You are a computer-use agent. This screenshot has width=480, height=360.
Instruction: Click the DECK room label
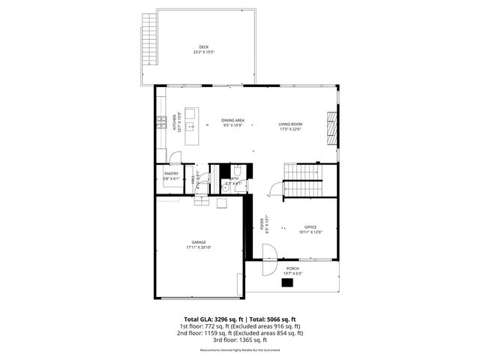[x=203, y=47]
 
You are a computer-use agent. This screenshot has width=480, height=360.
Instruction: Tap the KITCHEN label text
[x=175, y=120]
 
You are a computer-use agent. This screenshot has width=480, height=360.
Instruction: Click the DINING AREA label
[x=232, y=120]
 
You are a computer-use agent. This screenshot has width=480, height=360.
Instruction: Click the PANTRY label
[x=172, y=174]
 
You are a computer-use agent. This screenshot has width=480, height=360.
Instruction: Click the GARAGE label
[x=199, y=242]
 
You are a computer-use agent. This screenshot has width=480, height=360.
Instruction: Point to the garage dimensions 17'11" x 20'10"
[x=199, y=247]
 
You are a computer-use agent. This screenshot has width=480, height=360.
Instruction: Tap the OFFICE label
[x=310, y=226]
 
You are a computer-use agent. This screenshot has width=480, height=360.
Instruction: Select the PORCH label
[x=292, y=268]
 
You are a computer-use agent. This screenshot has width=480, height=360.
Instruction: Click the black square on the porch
[x=288, y=283]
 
